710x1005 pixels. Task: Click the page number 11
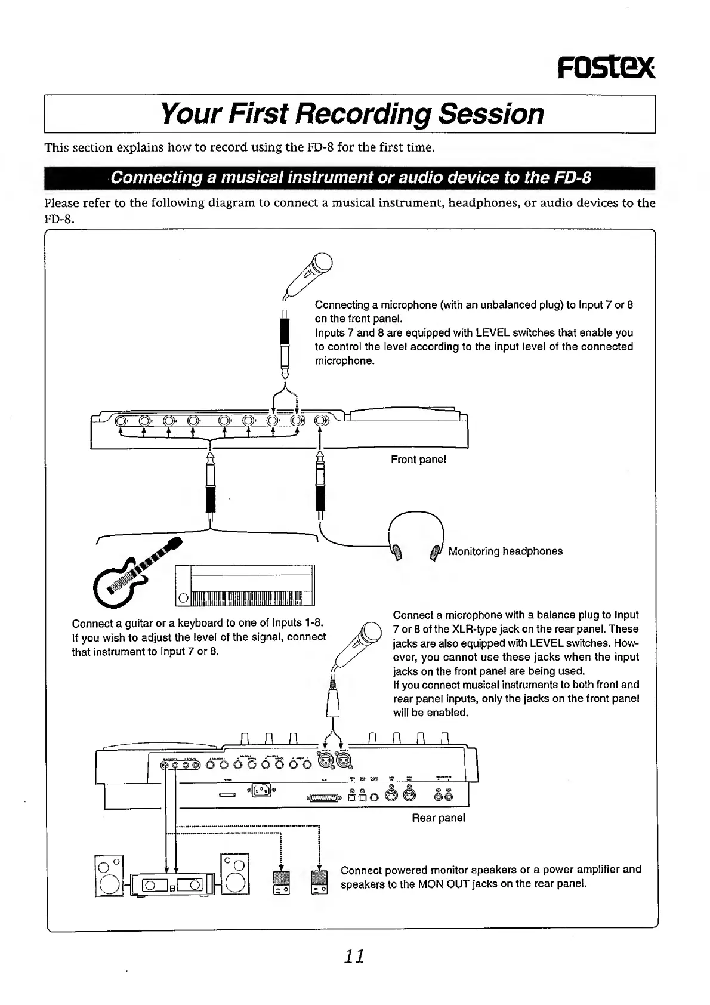pyautogui.click(x=354, y=955)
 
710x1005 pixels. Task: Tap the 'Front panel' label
pyautogui.click(x=418, y=459)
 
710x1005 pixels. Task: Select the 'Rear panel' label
pyautogui.click(x=438, y=818)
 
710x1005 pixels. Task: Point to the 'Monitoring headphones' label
pyautogui.click(x=505, y=551)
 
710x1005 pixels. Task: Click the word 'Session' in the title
pyautogui.click(x=491, y=113)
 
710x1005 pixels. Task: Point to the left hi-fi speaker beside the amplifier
pyautogui.click(x=108, y=876)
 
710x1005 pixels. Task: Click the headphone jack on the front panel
pyautogui.click(x=320, y=421)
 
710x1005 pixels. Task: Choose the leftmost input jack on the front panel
pyautogui.click(x=121, y=421)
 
